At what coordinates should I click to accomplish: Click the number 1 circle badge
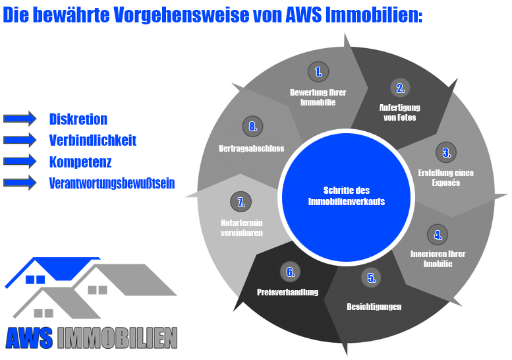pyautogui.click(x=318, y=71)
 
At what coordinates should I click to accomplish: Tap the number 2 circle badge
pyautogui.click(x=399, y=87)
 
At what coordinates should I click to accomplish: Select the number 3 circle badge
pyautogui.click(x=446, y=153)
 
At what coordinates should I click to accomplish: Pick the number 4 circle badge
pyautogui.click(x=436, y=234)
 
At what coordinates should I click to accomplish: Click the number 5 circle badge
pyautogui.click(x=371, y=278)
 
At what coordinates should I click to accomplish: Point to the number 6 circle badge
pyautogui.click(x=290, y=271)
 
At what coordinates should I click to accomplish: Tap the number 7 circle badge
pyautogui.click(x=241, y=201)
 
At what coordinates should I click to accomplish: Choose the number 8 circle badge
pyautogui.click(x=252, y=127)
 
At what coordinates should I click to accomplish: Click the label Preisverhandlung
pyautogui.click(x=287, y=292)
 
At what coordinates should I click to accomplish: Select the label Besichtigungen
pyautogui.click(x=374, y=307)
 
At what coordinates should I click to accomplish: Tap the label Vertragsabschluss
pyautogui.click(x=251, y=148)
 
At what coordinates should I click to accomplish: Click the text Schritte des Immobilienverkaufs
pyautogui.click(x=346, y=196)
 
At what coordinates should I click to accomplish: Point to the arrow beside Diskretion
pyautogui.click(x=20, y=119)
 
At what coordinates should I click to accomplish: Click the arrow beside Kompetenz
pyautogui.click(x=20, y=162)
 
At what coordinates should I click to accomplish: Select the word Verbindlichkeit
pyautogui.click(x=93, y=140)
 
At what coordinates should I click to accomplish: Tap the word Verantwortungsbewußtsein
pyautogui.click(x=112, y=183)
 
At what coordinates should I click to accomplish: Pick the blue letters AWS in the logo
pyautogui.click(x=29, y=338)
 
